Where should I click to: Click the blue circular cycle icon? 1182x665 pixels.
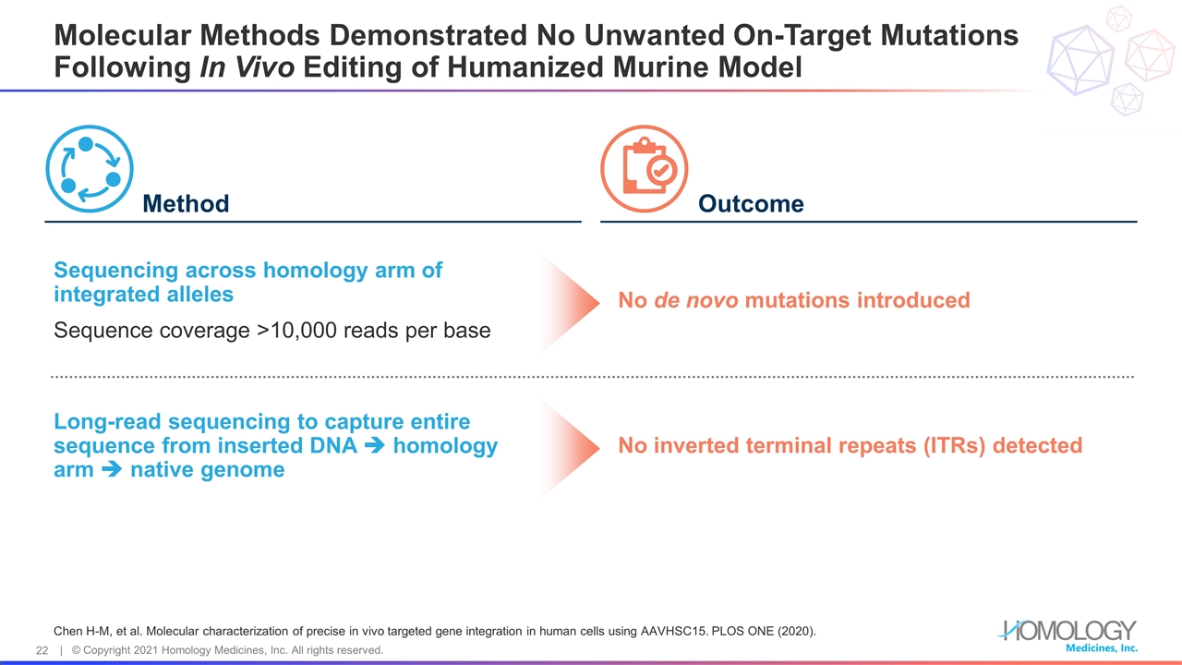point(90,169)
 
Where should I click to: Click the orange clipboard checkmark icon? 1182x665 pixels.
point(645,169)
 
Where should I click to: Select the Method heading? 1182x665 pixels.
point(186,203)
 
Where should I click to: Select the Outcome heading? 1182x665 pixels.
point(751,203)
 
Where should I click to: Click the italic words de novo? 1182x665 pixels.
point(694,300)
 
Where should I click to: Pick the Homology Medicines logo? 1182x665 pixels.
point(1068,634)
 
